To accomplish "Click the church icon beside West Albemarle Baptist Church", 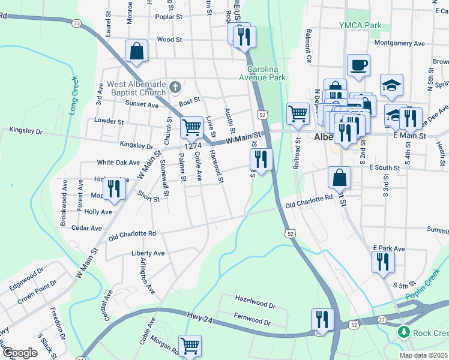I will coord(175,88).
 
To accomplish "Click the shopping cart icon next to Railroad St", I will coord(298,112).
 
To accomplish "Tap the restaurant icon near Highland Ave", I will coord(112,188).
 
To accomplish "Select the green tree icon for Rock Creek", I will coord(405,332).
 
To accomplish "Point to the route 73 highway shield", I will coord(76,23).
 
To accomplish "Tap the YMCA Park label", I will coord(360,25).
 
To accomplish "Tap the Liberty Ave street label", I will coord(148,253).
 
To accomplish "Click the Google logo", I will coord(20,353).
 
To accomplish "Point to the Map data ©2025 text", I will coord(423,355).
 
